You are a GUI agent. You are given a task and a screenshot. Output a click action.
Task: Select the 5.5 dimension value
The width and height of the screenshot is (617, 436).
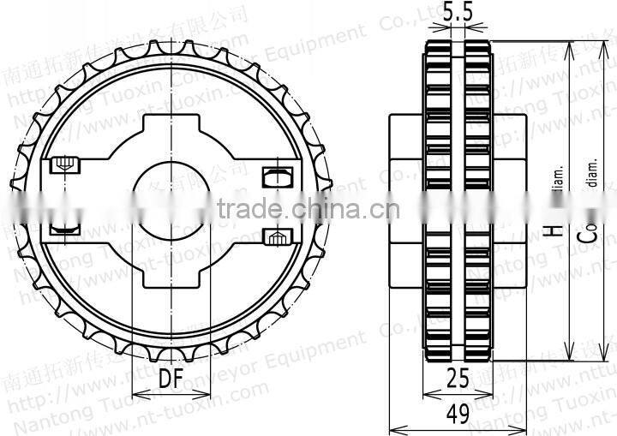coord(458,13)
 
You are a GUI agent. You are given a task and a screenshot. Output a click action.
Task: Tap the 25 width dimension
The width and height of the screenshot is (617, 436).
coord(458,377)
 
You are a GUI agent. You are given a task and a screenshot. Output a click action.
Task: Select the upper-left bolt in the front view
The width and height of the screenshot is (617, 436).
coord(63,164)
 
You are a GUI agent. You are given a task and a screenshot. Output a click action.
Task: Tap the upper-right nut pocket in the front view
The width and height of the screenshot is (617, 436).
coord(273,176)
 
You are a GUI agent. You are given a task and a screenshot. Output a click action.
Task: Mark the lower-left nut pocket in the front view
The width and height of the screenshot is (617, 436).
coord(64,229)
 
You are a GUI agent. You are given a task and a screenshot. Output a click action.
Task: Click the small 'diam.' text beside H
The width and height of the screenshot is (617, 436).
coord(558,178)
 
